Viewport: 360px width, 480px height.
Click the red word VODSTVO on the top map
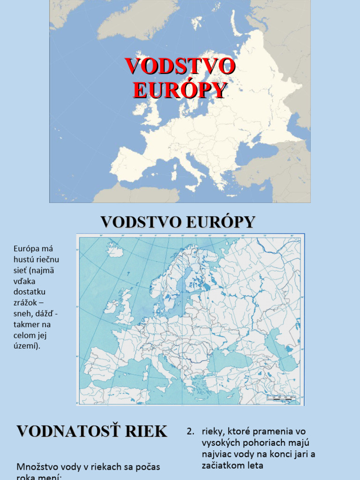pyautogui.click(x=180, y=66)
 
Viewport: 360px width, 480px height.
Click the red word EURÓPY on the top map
pyautogui.click(x=180, y=90)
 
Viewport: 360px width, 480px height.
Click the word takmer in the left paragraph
pyautogui.click(x=27, y=324)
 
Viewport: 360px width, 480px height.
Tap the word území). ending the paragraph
pyautogui.click(x=27, y=346)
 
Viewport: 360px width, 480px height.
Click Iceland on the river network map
pyautogui.click(x=115, y=250)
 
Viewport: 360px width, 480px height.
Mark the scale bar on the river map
pyautogui.click(x=281, y=397)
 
